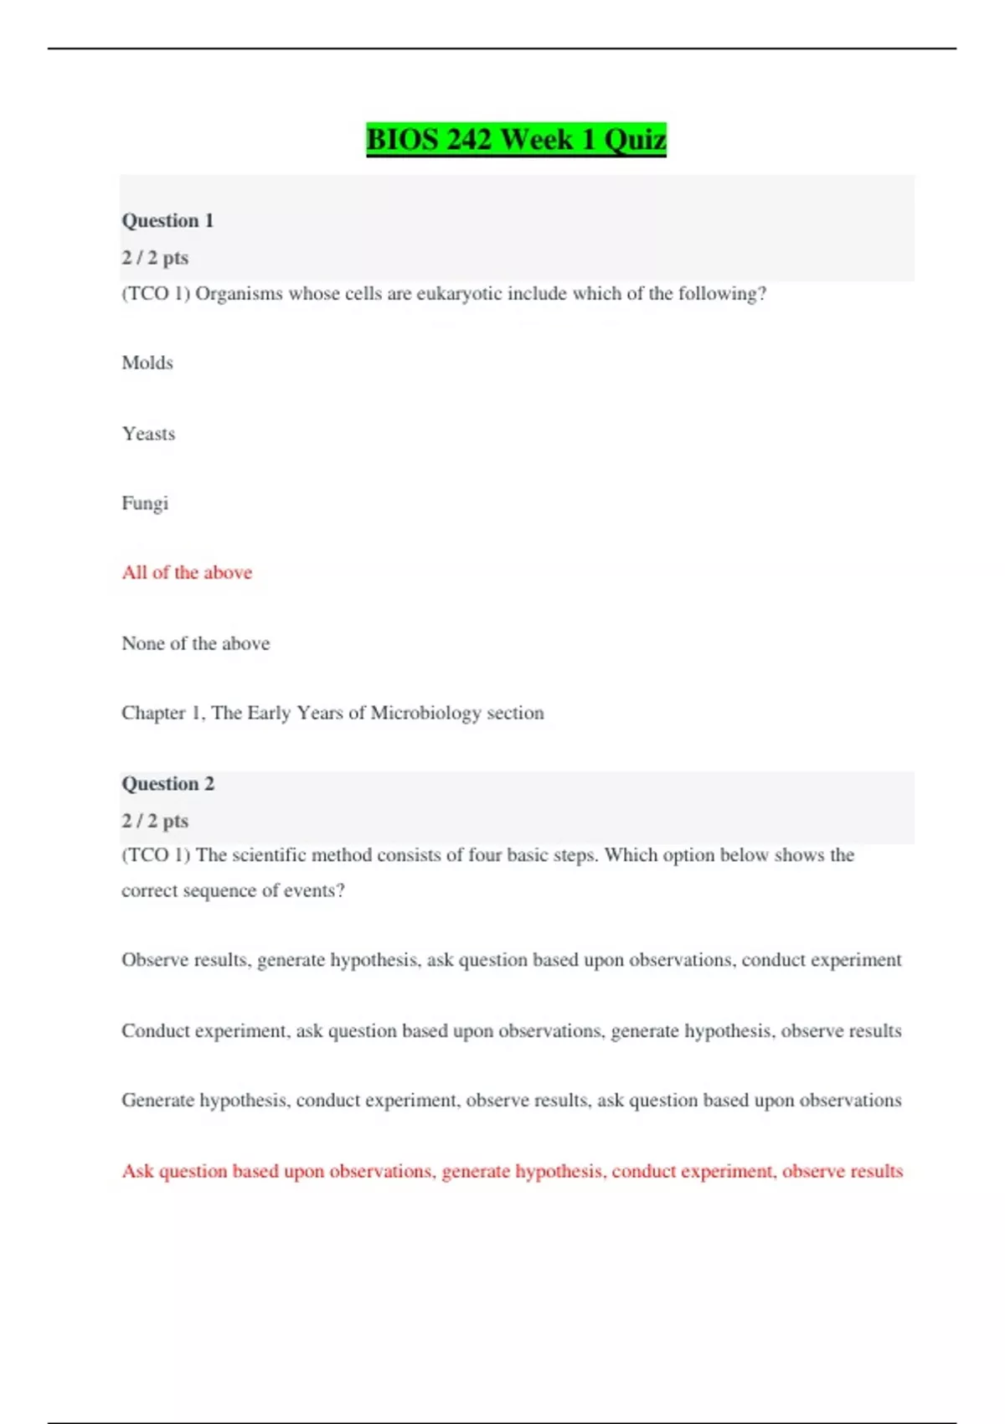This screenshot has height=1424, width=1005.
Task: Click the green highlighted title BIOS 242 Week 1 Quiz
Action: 516,139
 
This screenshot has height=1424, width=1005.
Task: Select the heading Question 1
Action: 167,220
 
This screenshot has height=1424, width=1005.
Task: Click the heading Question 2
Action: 167,783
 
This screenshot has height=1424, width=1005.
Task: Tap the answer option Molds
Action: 147,363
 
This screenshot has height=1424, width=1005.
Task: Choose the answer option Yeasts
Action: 148,434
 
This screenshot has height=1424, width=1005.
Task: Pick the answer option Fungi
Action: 145,503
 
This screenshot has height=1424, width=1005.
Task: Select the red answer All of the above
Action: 187,572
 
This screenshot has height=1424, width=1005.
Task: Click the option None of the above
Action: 195,643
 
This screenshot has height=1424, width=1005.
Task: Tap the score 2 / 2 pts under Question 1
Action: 155,257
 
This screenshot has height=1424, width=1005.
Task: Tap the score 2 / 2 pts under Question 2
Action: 155,820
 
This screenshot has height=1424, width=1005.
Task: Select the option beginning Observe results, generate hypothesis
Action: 511,960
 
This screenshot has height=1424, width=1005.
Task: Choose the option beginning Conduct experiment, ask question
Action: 511,1030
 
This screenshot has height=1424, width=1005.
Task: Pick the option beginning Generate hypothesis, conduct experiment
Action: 511,1100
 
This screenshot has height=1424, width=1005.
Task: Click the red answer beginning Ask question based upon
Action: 512,1171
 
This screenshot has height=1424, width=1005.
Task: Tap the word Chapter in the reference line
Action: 153,713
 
